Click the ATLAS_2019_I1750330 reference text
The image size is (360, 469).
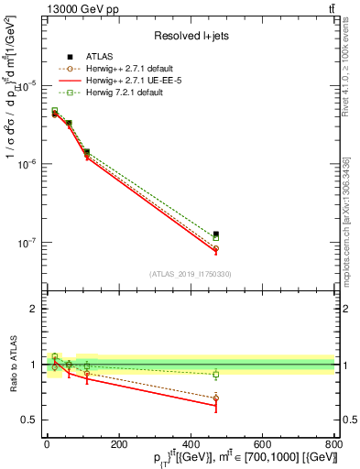coord(191,274)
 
